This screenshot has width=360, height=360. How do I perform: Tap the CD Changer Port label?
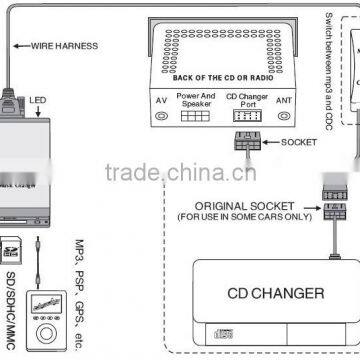click(x=249, y=101)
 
